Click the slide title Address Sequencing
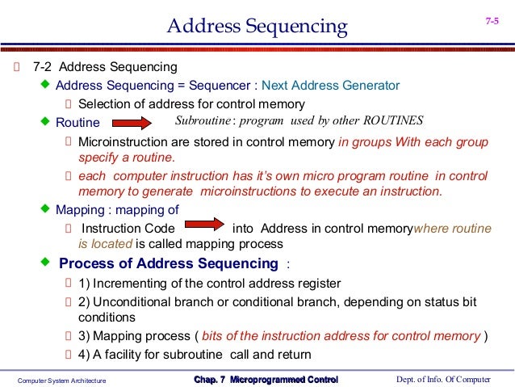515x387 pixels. point(257,27)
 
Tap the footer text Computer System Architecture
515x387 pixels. point(62,380)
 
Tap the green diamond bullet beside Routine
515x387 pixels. point(45,121)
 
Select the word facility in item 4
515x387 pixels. point(134,355)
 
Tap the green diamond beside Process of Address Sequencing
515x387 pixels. point(45,263)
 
